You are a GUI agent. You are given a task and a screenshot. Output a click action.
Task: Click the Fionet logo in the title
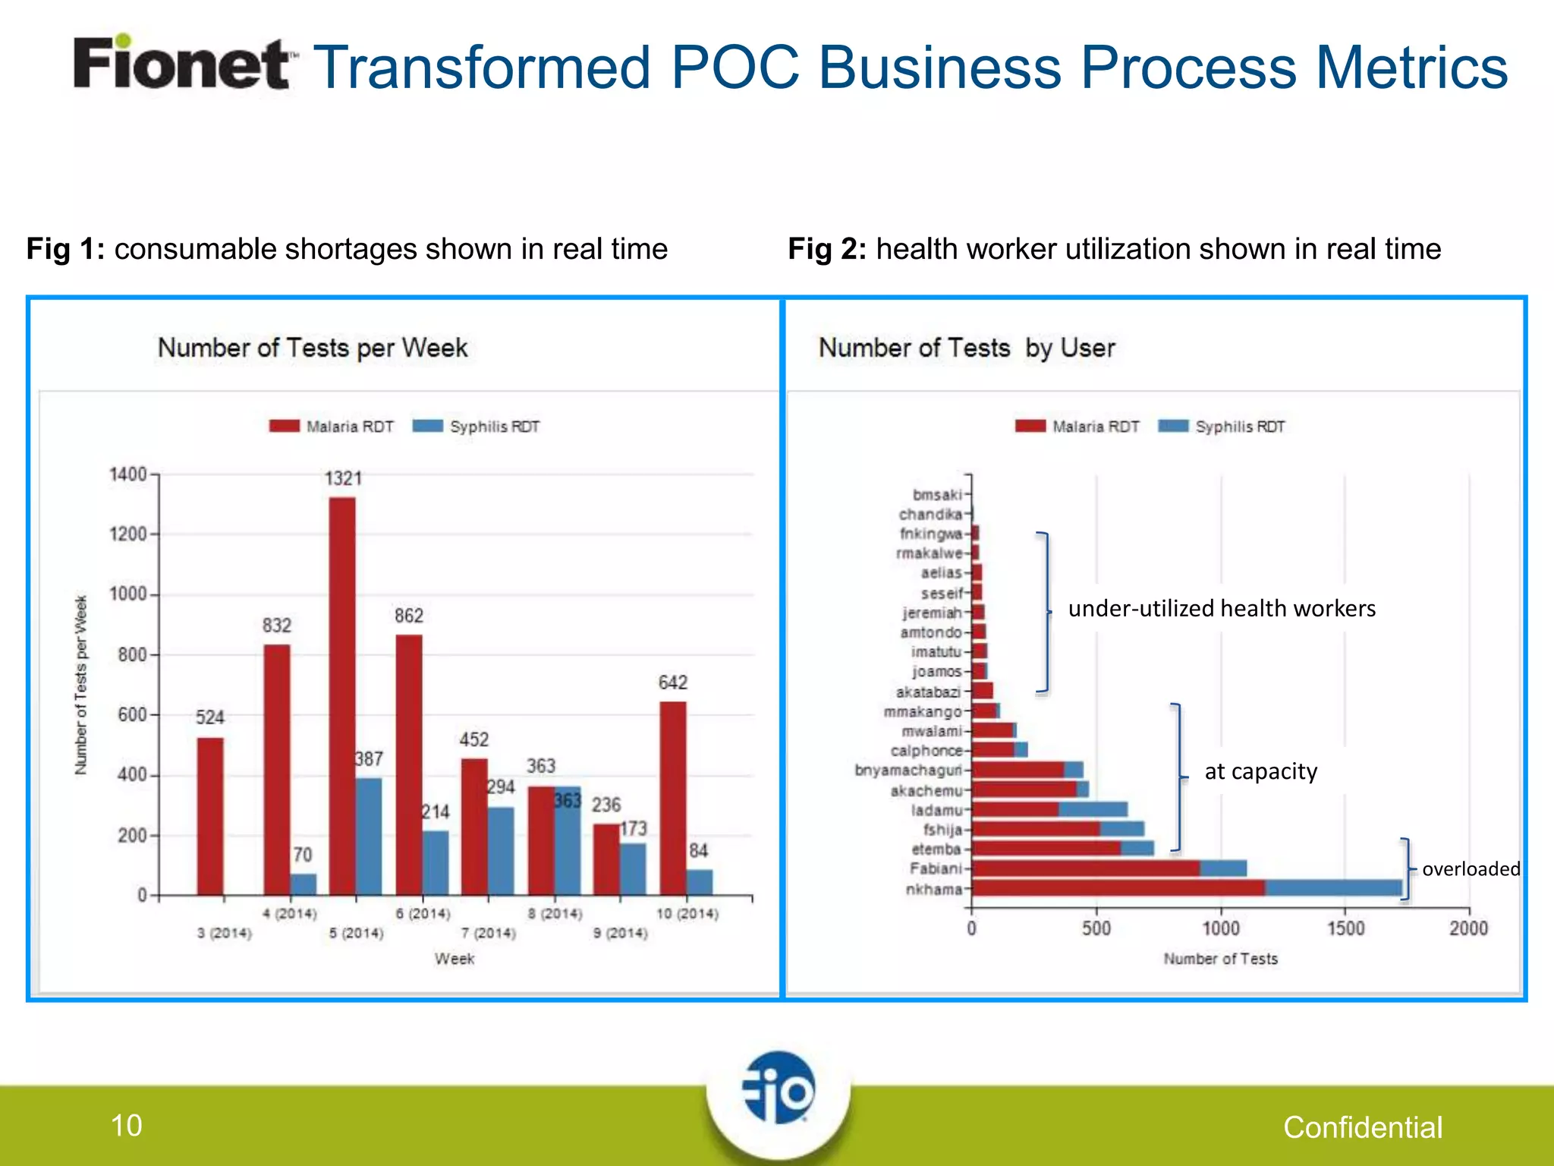[182, 64]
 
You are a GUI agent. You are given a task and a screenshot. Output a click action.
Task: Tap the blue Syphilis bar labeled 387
[369, 835]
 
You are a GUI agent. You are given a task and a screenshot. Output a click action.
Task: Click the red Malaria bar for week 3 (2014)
[210, 816]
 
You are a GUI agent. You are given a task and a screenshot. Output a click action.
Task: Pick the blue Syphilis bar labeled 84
[700, 882]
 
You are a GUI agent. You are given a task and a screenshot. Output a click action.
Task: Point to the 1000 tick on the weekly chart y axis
[128, 594]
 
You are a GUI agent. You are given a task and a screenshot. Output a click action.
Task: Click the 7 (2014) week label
[489, 933]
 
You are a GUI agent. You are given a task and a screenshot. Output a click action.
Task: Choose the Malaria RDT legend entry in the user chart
[1077, 427]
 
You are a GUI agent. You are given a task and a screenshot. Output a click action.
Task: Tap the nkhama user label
[934, 889]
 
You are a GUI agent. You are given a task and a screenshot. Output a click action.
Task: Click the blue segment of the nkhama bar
[1333, 888]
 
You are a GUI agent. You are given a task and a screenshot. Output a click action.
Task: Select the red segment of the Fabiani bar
[1085, 868]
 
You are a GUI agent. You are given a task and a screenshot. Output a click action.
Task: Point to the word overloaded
[1471, 869]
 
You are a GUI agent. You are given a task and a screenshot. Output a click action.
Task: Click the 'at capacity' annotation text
[1260, 772]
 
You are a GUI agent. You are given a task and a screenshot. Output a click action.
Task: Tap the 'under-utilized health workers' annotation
[1222, 609]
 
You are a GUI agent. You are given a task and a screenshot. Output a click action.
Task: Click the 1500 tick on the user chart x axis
[1345, 928]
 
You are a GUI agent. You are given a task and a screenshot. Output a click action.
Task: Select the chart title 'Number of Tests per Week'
[313, 348]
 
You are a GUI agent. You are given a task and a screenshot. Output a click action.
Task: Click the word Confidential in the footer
[1363, 1127]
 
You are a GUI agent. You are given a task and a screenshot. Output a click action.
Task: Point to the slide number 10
[127, 1125]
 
